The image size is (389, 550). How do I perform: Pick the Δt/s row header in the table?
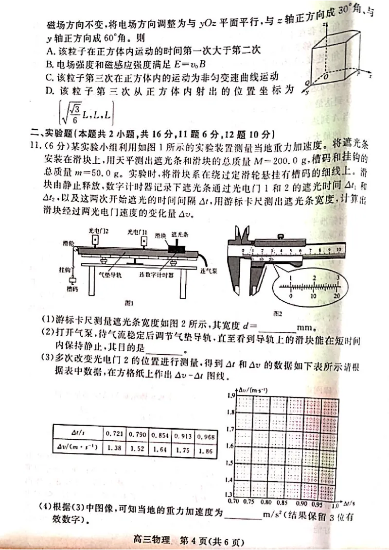click(x=77, y=431)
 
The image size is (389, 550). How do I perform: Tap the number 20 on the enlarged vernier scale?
click(x=336, y=295)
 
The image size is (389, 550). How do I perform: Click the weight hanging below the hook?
click(x=72, y=280)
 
